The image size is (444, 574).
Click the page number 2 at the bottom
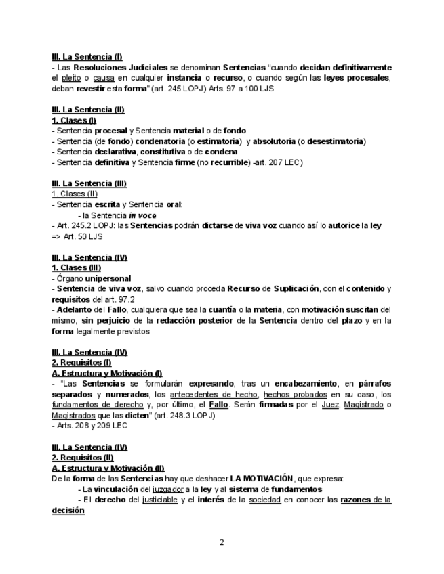click(x=222, y=542)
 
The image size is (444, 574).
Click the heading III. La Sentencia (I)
click(x=87, y=57)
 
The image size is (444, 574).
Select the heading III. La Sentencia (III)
click(x=89, y=183)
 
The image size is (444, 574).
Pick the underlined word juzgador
click(x=167, y=489)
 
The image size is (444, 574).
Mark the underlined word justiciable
click(x=157, y=500)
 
